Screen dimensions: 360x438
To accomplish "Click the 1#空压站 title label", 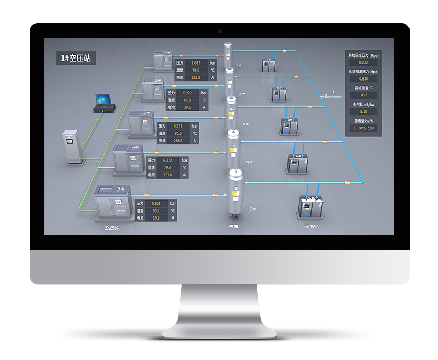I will coord(77,58).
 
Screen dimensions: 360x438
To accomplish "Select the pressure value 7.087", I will coord(195,64).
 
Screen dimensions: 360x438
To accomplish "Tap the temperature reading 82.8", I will coord(187,100).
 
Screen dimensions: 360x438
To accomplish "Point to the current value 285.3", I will coord(178,140).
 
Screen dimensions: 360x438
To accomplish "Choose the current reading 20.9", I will coord(156,218).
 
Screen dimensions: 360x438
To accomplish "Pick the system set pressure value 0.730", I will coord(364,62).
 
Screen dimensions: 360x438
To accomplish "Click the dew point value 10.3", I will coord(364,95).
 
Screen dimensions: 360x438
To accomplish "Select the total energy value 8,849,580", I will coord(364,128).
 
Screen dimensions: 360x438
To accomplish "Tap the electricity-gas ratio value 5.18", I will coord(364,111).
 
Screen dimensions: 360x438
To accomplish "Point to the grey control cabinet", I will coord(71,147).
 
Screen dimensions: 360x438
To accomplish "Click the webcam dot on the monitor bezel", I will coord(220,31).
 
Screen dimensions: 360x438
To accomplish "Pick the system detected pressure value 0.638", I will coord(364,78).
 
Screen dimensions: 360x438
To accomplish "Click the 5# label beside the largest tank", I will coord(253,209).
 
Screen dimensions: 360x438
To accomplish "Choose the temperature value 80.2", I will coord(156,210).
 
